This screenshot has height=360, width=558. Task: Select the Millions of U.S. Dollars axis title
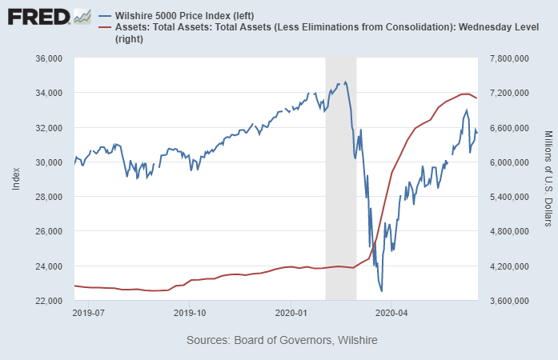(x=548, y=179)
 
